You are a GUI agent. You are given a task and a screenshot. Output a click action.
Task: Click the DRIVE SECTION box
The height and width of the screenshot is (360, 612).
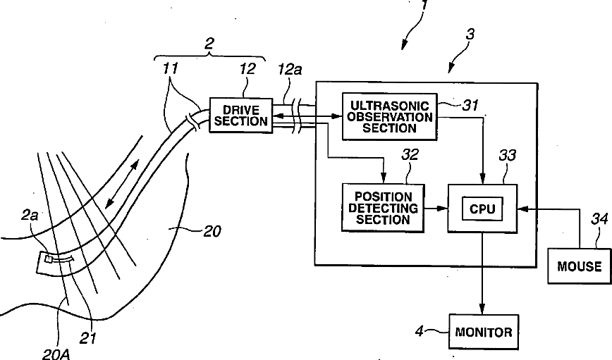(241, 116)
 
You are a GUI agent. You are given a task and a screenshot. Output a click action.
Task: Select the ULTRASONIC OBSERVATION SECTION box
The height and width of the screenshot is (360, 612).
(389, 117)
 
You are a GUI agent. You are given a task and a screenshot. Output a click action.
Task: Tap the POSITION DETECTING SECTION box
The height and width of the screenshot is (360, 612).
(383, 208)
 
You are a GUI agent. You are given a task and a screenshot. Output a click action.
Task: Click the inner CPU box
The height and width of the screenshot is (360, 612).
(482, 209)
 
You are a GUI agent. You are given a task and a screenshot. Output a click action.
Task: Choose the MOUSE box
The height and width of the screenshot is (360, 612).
(580, 266)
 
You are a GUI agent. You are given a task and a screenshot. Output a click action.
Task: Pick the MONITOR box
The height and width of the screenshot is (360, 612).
(484, 332)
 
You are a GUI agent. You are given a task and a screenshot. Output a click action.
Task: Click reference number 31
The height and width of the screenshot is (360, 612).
(470, 105)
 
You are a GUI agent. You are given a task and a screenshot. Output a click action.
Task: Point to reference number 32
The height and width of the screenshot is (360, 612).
(410, 155)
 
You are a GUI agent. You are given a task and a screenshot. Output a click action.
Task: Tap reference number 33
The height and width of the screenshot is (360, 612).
(507, 156)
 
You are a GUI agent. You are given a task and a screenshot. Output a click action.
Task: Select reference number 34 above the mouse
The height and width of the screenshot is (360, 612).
(599, 219)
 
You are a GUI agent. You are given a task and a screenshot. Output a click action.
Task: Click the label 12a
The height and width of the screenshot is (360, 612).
(290, 70)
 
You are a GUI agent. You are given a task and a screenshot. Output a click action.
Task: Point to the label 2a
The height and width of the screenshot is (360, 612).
(30, 214)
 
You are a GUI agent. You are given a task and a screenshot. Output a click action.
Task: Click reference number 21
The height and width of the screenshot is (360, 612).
(88, 337)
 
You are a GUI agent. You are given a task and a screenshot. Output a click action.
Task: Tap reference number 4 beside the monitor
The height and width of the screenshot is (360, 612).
(420, 331)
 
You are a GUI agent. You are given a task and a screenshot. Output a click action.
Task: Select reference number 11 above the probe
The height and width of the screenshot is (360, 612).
(171, 68)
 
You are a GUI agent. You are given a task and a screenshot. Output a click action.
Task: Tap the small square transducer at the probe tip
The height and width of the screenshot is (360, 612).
(49, 259)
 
